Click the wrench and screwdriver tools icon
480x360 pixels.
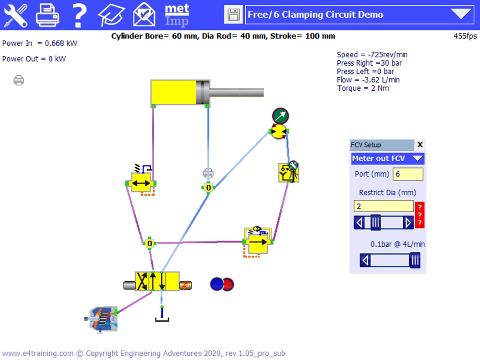coord(16,15)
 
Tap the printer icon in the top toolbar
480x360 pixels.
coord(48,15)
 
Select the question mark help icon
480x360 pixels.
coord(80,15)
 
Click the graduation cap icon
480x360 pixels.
coord(111,15)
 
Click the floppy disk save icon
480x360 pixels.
coord(233,15)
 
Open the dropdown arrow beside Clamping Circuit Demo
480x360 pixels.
coord(461,14)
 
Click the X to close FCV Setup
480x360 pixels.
coord(420,144)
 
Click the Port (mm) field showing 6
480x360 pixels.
coord(408,174)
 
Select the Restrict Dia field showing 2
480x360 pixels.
coord(384,206)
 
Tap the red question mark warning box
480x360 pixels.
coord(420,215)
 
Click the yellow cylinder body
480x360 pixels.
coord(174,92)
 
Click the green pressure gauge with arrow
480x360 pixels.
coord(280,116)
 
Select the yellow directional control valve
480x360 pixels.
coord(157,281)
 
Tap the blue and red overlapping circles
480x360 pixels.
coord(222,284)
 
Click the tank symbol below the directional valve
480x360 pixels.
coord(162,317)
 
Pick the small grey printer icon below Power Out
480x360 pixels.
coord(19,80)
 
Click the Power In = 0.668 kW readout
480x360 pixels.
coord(40,43)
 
